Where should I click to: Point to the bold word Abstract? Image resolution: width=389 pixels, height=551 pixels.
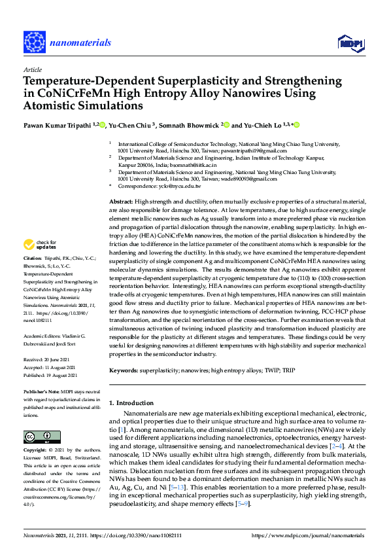point(120,202)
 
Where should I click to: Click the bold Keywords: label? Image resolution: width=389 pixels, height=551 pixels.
point(124,370)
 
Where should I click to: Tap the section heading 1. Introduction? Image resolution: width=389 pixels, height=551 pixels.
point(131,402)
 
